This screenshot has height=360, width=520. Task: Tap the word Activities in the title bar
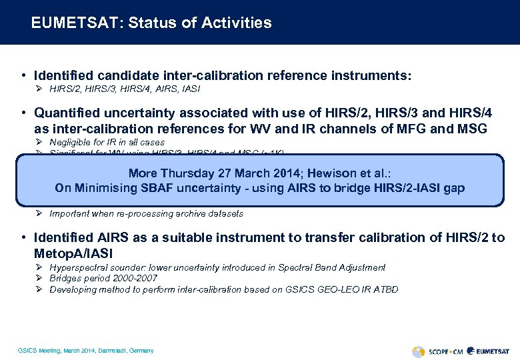point(238,23)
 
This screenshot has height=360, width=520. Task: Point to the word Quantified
point(71,113)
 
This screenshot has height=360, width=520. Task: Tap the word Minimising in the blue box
point(113,188)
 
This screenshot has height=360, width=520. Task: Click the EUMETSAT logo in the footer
point(491,351)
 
